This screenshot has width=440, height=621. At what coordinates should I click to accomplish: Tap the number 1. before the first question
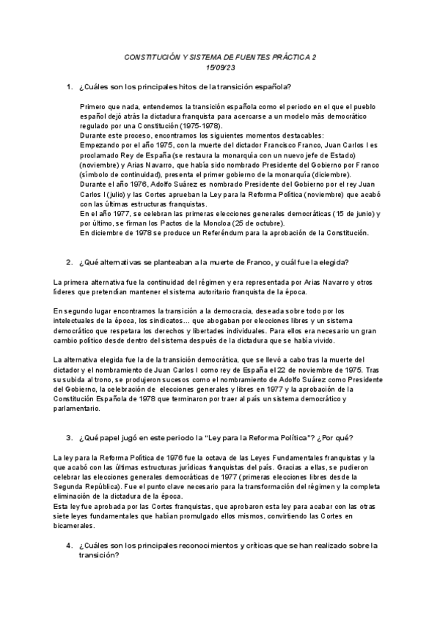pos(69,87)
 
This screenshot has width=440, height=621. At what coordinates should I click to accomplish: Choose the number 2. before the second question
pos(69,261)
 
